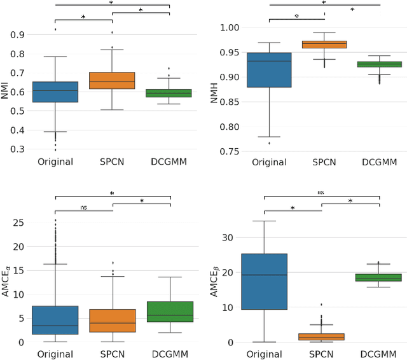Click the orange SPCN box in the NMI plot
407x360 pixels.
pyautogui.click(x=113, y=80)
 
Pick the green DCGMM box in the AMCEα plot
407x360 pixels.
pyautogui.click(x=170, y=312)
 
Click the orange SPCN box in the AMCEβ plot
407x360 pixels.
pyautogui.click(x=322, y=336)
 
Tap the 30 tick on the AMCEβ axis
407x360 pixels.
pyautogui.click(x=227, y=238)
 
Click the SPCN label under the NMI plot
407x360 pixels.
pyautogui.click(x=113, y=162)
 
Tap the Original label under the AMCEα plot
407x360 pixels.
pyautogui.click(x=55, y=355)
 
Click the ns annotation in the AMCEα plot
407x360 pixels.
pyautogui.click(x=84, y=207)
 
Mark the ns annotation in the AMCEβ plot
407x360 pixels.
pyautogui.click(x=322, y=191)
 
